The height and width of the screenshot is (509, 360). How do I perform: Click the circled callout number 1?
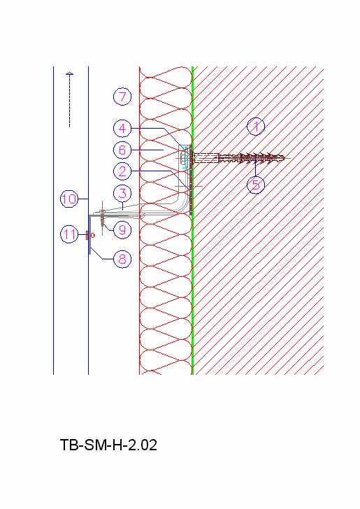[x=256, y=127]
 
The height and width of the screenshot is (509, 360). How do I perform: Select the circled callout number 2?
[x=122, y=171]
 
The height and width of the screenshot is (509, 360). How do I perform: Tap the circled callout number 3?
[x=122, y=194]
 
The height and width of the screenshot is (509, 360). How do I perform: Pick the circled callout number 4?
[x=122, y=128]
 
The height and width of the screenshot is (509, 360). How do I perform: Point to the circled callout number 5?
[x=256, y=185]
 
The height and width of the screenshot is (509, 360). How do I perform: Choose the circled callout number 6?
[x=122, y=150]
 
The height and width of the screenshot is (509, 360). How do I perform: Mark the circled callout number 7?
[x=122, y=96]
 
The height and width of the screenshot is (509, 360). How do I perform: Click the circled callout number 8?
[x=122, y=259]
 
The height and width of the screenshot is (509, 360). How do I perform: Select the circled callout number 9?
[x=122, y=230]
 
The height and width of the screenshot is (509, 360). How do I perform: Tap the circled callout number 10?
[x=69, y=199]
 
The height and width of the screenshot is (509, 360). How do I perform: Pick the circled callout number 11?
[x=69, y=234]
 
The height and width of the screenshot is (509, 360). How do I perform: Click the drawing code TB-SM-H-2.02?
[x=109, y=445]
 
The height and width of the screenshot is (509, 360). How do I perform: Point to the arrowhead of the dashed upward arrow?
[x=69, y=74]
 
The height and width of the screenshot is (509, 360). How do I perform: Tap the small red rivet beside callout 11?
[x=87, y=235]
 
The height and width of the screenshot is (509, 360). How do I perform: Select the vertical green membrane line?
[x=192, y=221]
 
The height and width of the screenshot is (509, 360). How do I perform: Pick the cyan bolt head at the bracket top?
[x=185, y=159]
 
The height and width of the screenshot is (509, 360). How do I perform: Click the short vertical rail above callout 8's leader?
[x=89, y=234]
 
